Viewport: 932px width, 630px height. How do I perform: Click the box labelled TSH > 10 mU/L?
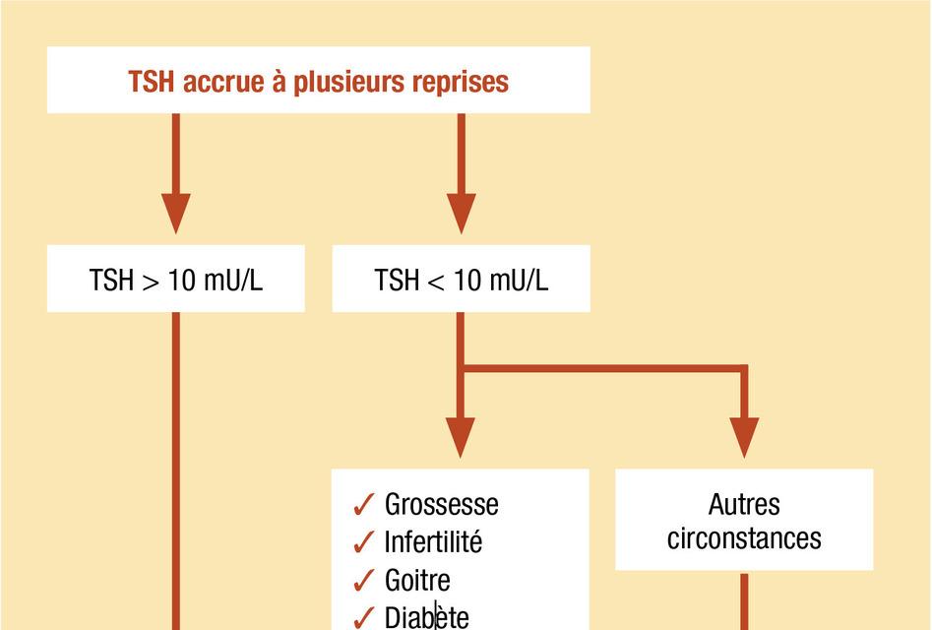coord(176,280)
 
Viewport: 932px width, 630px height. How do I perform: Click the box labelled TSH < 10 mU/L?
coord(461,280)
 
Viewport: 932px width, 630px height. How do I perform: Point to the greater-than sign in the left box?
coord(151,282)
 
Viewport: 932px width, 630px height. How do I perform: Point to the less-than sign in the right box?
coord(436,282)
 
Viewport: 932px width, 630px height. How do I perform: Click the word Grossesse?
coord(441,504)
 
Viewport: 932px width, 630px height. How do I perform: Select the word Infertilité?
coord(433,541)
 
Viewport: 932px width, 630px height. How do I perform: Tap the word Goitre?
coord(417,580)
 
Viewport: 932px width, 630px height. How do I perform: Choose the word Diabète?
coord(426,617)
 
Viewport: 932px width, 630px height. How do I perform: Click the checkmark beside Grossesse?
coord(363,505)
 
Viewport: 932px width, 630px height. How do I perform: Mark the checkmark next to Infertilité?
coord(363,542)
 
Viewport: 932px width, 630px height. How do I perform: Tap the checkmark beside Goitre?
coord(363,580)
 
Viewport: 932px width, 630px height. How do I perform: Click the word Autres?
coord(744,504)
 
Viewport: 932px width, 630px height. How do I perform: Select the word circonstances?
coord(744,538)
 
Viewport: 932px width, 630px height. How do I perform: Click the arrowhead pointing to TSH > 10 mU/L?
coord(176,214)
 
